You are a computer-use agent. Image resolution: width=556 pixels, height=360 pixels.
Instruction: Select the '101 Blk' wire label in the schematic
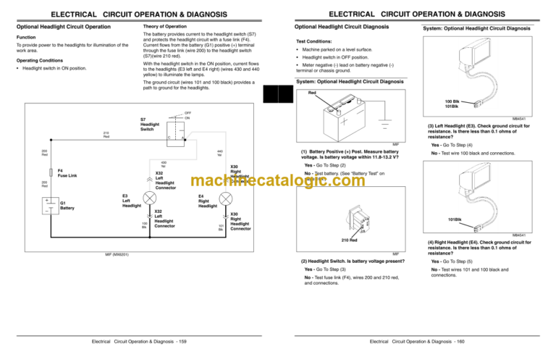(x=221, y=227)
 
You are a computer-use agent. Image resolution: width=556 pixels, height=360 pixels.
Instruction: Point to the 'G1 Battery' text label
(x=67, y=205)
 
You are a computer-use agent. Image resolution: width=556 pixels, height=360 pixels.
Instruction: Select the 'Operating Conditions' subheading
(x=37, y=60)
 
